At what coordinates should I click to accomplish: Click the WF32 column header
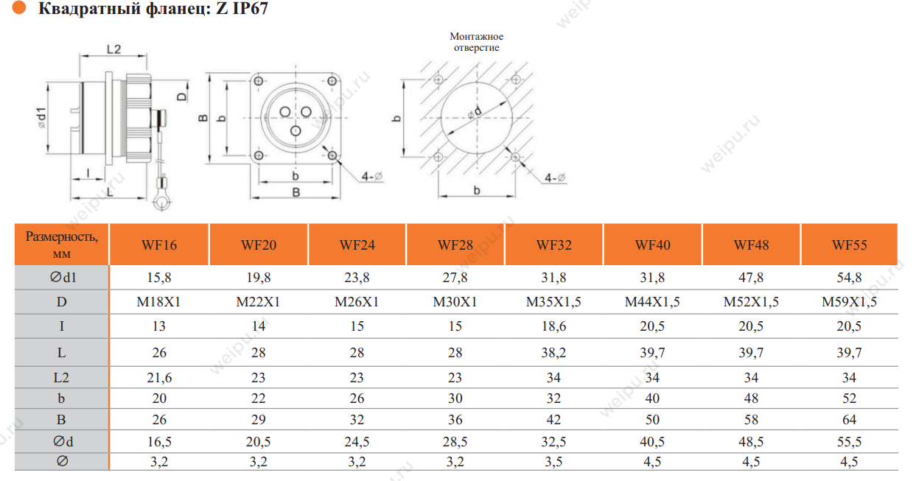tap(553, 245)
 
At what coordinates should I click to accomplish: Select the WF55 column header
tap(849, 245)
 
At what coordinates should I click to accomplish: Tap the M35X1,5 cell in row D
tap(553, 302)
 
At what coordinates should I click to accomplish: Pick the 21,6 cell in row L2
tap(159, 377)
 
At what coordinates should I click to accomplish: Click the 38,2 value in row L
tap(553, 352)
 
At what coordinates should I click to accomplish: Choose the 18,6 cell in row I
tap(553, 326)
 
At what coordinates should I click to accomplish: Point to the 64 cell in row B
tap(849, 419)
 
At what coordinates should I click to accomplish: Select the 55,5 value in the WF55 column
tap(849, 442)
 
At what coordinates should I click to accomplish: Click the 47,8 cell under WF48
tap(751, 278)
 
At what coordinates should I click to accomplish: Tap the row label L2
tap(62, 377)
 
